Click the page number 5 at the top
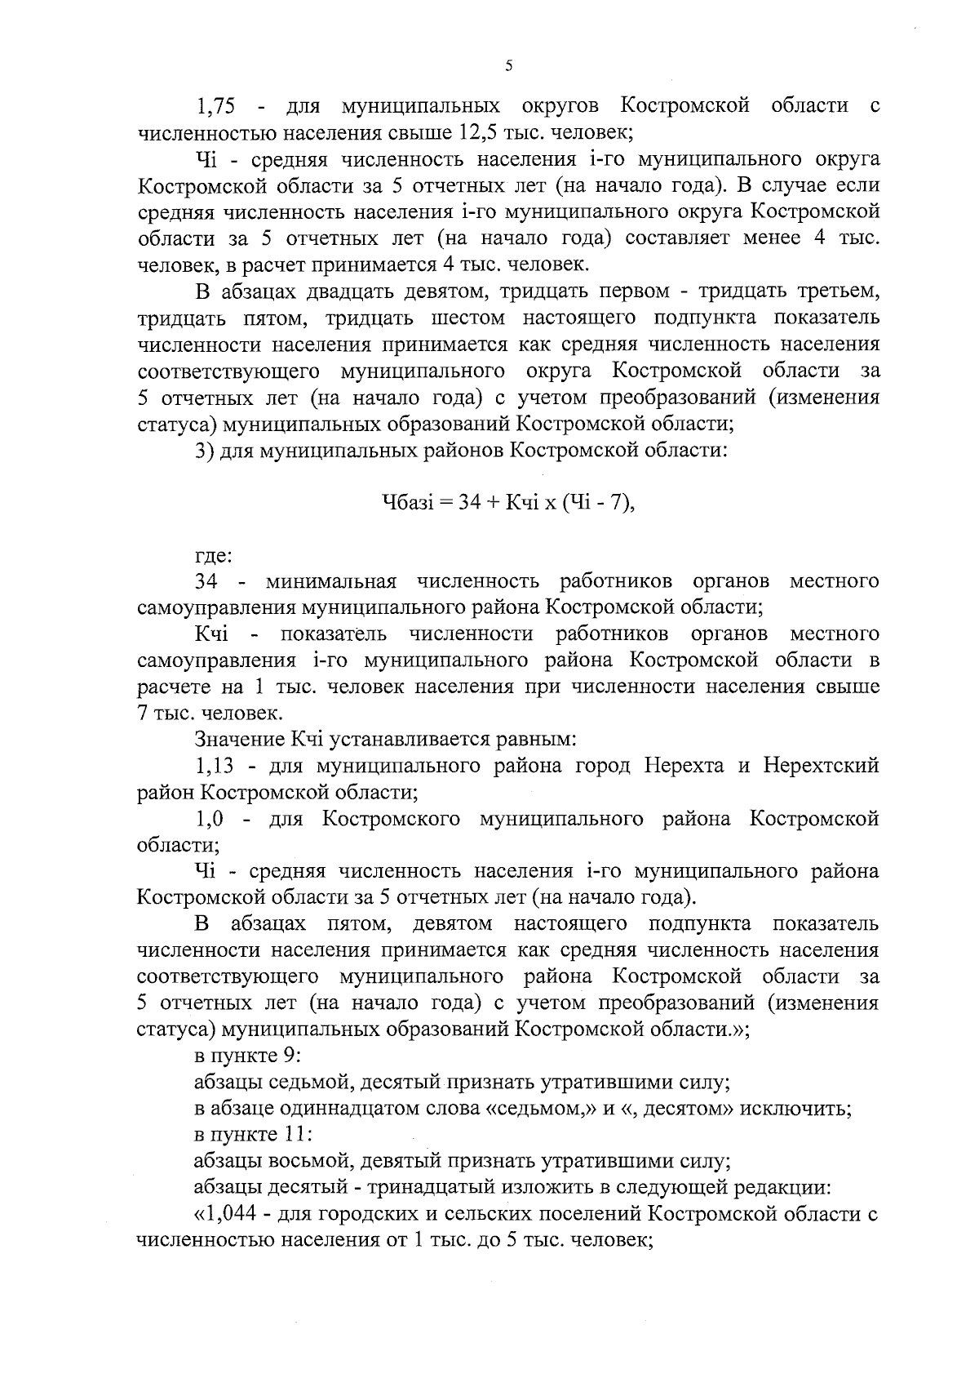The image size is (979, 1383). [507, 67]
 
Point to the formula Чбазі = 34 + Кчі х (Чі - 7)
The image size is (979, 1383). [508, 504]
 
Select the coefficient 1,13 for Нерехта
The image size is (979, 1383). [215, 767]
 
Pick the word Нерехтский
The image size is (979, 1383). [821, 767]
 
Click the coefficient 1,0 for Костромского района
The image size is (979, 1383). [210, 819]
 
